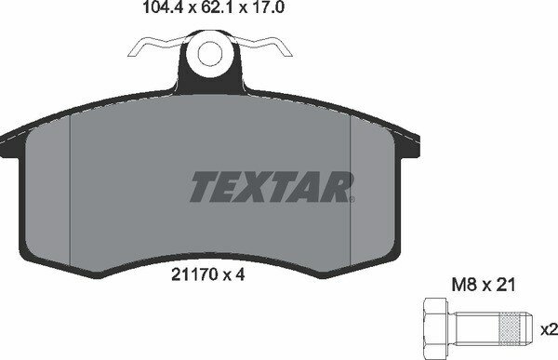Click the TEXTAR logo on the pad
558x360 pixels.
[x=272, y=186]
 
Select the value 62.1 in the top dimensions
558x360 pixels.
[x=192, y=12]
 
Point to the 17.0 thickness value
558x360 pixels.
[x=243, y=12]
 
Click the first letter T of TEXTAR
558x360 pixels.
[x=204, y=186]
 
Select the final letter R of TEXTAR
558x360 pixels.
[x=338, y=186]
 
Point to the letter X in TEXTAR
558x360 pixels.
[x=259, y=186]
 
